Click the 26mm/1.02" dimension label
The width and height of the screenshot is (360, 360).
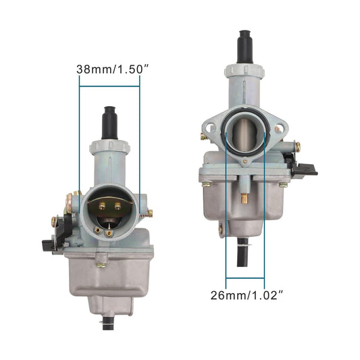[246, 295]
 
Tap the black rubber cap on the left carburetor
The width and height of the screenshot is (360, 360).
[109, 122]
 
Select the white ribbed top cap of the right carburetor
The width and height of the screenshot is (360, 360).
[245, 71]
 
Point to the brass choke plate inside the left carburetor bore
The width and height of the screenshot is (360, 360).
[110, 205]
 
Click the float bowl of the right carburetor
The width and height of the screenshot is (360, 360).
[243, 206]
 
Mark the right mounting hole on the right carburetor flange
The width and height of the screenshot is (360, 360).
[278, 128]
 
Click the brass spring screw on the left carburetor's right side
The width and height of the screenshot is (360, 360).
[149, 213]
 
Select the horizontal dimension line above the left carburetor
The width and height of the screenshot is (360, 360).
[109, 85]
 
